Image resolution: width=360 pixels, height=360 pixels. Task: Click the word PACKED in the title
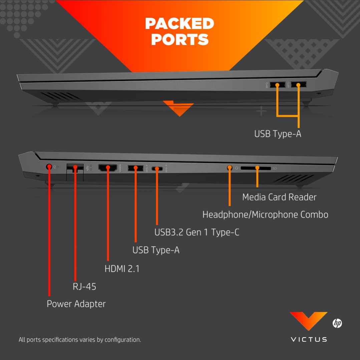point(179,23)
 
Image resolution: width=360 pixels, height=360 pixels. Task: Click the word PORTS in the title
point(180,39)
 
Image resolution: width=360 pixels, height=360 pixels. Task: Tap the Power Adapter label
point(76,304)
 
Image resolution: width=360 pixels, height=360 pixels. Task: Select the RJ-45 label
point(84,286)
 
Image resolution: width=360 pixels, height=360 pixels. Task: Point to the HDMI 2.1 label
point(122,269)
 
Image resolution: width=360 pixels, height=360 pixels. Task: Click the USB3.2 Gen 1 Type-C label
point(197,232)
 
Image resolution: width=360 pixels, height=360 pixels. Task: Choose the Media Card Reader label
point(279,197)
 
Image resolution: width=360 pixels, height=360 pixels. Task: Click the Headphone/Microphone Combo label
point(265,215)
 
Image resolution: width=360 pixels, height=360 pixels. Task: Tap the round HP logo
point(337,323)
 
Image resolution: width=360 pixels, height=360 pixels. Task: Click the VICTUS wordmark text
point(309,339)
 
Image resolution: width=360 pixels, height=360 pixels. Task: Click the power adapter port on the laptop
point(49,166)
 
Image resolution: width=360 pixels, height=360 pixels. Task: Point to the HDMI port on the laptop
point(108,168)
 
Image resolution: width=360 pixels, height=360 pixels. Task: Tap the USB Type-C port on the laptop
point(157,169)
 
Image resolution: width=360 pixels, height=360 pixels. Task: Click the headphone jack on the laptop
point(229,168)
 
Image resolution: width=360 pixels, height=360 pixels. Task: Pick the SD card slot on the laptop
point(256,168)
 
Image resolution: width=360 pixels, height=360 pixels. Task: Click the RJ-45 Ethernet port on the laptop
point(75,167)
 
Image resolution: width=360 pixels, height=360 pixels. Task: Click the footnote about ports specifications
point(80,340)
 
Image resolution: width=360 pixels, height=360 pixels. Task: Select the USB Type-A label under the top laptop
point(278,134)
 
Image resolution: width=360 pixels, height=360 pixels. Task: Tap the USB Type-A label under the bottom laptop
point(156,250)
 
